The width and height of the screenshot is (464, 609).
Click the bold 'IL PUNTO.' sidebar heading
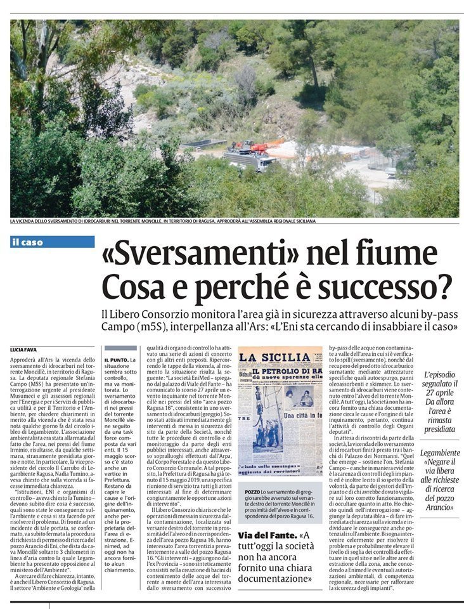click(118, 360)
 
